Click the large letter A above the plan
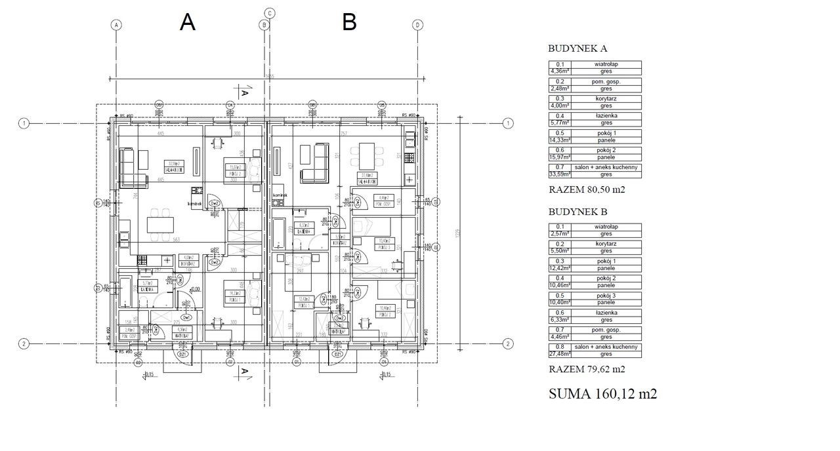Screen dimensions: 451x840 [x=188, y=22]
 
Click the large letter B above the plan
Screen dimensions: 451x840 [x=349, y=22]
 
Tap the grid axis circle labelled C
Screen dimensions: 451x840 [x=269, y=13]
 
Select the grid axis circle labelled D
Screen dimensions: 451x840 [x=417, y=25]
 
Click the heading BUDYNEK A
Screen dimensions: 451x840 [x=577, y=49]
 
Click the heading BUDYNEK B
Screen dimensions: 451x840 [x=577, y=212]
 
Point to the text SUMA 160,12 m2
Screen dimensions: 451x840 [x=602, y=394]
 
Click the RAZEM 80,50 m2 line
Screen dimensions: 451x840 [x=586, y=190]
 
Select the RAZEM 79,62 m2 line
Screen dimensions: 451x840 [x=586, y=370]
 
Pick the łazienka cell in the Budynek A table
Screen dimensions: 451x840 [x=606, y=115]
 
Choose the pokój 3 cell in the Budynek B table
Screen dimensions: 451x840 [x=606, y=296]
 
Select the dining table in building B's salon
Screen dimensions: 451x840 [x=363, y=157]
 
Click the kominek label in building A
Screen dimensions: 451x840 [x=194, y=204]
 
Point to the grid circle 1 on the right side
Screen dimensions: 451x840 [x=507, y=123]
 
